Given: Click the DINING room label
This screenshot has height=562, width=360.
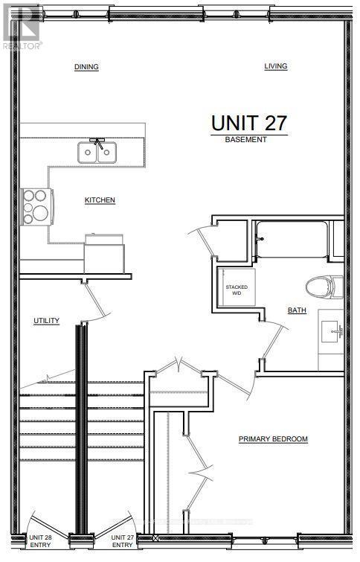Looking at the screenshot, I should click(x=86, y=67).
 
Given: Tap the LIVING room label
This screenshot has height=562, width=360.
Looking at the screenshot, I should click(x=276, y=66).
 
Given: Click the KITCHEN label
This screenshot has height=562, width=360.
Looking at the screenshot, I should click(x=100, y=200).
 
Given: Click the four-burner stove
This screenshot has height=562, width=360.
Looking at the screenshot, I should click(x=34, y=206).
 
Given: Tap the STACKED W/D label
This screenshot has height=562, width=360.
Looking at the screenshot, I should click(x=237, y=290).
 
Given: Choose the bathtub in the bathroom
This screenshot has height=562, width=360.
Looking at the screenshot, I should click(x=292, y=239).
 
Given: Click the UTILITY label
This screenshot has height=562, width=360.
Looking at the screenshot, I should click(x=46, y=321).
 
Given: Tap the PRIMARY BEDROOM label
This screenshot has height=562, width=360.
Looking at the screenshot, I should click(x=273, y=439).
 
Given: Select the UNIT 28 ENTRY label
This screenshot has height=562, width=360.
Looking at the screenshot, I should click(x=39, y=542).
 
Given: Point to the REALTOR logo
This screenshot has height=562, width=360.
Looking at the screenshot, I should click(x=22, y=25).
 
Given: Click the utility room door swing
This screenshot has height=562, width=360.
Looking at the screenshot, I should click(x=94, y=301).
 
